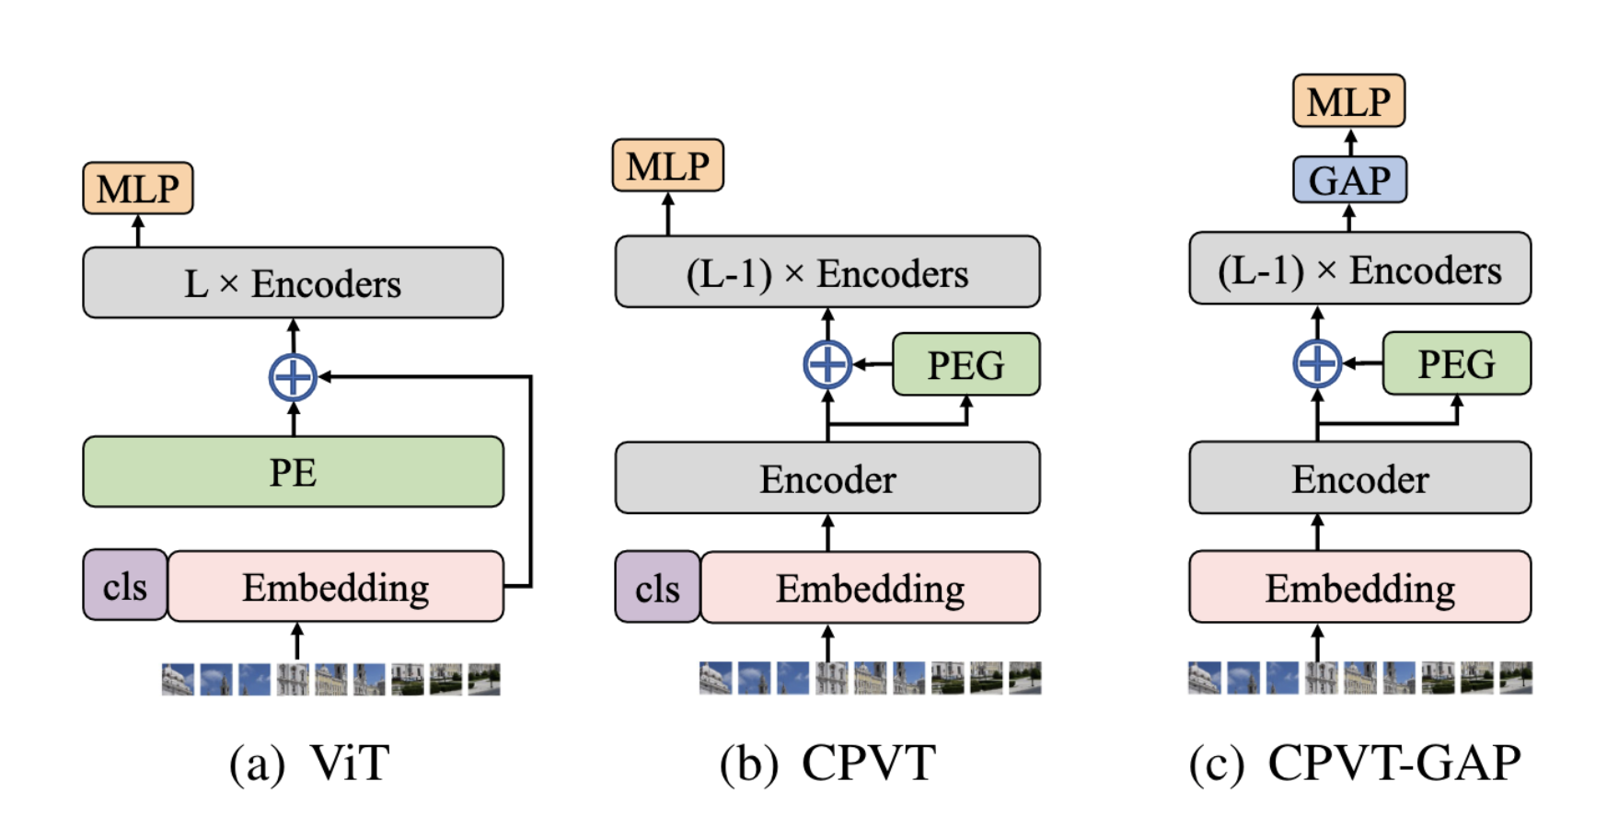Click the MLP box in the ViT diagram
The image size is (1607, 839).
coord(138,189)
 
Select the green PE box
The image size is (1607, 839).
coord(293,472)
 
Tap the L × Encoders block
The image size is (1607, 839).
coord(293,283)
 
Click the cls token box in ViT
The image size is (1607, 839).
coord(125,586)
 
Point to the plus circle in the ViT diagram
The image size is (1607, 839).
coord(293,377)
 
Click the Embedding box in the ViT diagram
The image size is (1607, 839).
coord(336,587)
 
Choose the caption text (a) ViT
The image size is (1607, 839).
coord(309,764)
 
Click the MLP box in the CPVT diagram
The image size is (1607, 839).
coord(668,167)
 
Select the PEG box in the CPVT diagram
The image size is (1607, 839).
coord(965,365)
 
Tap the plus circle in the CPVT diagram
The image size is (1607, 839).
coord(827,365)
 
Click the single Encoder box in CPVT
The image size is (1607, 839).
coord(827,478)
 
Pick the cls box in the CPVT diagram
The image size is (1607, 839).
coord(657,588)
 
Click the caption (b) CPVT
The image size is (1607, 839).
coord(827,764)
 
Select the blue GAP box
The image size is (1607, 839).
coord(1349,180)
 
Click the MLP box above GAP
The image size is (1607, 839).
coord(1349,101)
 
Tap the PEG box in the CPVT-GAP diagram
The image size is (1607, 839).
coord(1456,364)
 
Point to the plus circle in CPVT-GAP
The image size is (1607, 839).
coord(1317,364)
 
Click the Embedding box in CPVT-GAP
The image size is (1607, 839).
coord(1359,588)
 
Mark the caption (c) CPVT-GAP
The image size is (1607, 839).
coord(1355,764)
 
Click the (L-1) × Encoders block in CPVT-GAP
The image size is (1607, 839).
coord(1359,270)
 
